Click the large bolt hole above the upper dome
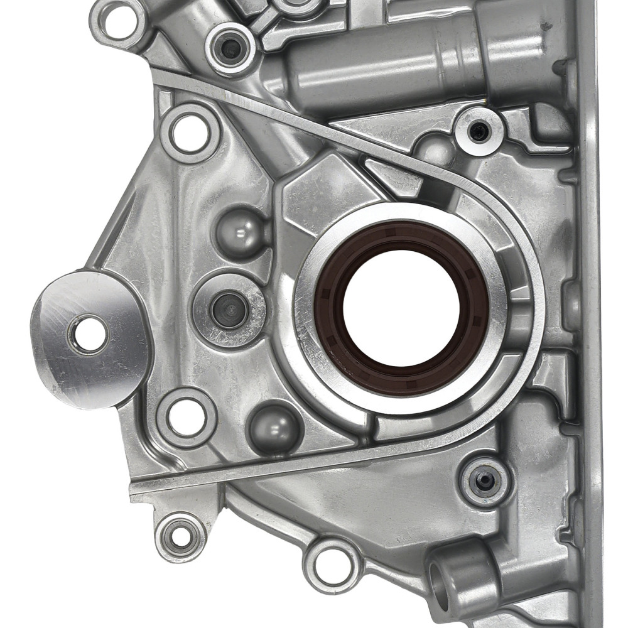189,133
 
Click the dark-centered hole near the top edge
231,48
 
